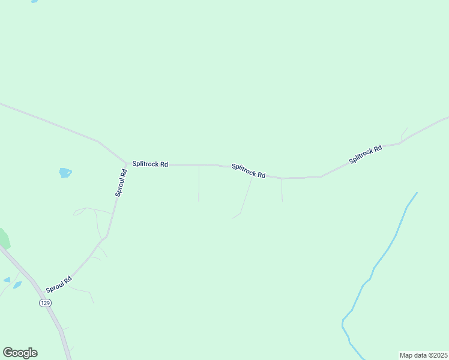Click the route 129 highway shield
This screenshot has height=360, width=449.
(46, 303)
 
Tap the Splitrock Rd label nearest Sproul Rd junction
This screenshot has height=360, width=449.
(150, 164)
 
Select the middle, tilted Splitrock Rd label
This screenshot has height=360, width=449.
(249, 170)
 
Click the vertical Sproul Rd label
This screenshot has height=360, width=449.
(121, 182)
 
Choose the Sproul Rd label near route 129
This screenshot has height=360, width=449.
(59, 284)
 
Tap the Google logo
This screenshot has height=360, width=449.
(20, 353)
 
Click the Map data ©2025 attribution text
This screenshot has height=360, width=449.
(423, 355)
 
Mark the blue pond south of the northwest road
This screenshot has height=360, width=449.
(65, 173)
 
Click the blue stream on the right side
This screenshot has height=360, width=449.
(384, 252)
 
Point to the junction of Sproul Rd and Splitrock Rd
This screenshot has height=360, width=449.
(127, 163)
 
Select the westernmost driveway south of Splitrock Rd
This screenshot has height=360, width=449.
(199, 183)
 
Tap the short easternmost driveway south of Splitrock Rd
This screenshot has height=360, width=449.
(282, 189)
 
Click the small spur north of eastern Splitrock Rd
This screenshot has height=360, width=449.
(403, 134)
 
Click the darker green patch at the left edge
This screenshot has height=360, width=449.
(4, 239)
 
